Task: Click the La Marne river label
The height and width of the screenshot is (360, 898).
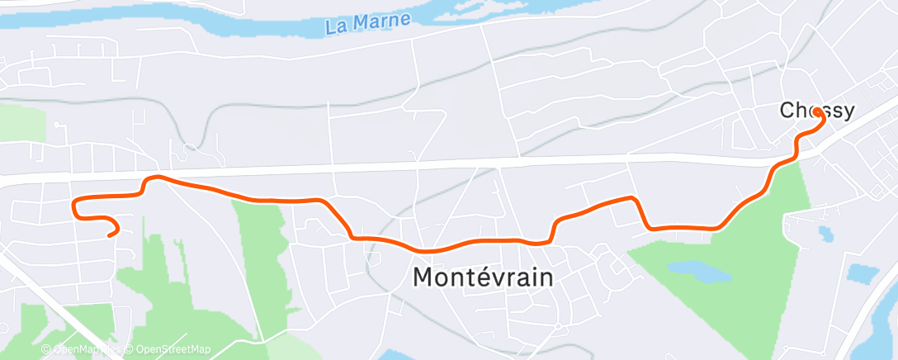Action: click(x=368, y=23)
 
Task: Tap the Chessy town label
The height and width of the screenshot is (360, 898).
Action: click(x=817, y=110)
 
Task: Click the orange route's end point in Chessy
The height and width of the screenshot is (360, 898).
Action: click(x=816, y=111)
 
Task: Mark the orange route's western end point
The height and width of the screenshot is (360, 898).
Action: click(x=110, y=234)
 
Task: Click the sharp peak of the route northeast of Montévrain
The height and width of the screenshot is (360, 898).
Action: click(x=633, y=198)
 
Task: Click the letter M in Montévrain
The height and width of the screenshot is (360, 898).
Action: click(x=422, y=277)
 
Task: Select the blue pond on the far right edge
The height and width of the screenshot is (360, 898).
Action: click(x=863, y=272)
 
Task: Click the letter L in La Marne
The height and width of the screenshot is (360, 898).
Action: click(x=332, y=27)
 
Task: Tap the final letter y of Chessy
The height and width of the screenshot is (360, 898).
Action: click(x=847, y=111)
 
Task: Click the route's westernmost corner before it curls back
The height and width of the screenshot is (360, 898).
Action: click(x=75, y=202)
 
